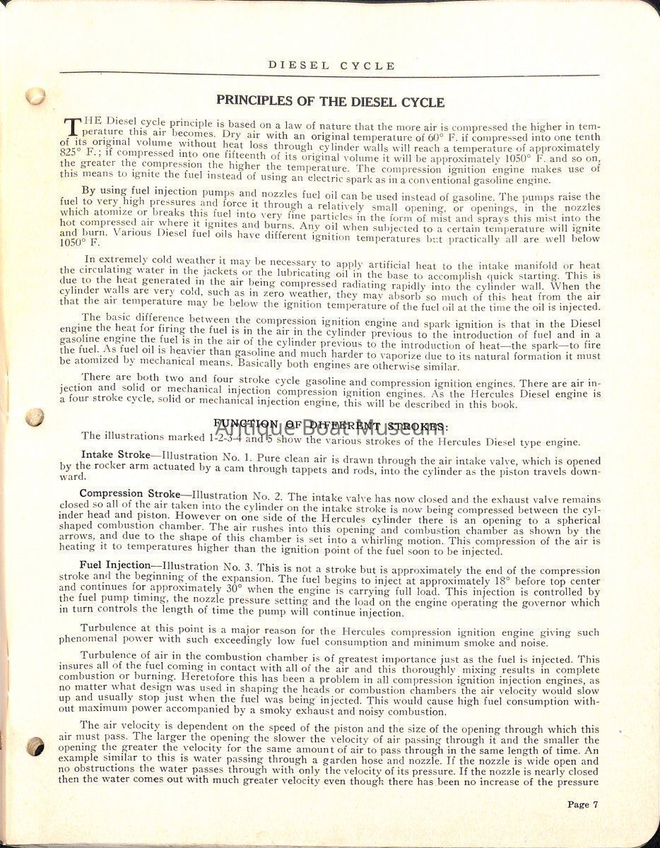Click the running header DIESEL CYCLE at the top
[x=331, y=66]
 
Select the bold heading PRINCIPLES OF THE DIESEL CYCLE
[x=330, y=102]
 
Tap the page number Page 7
[x=582, y=803]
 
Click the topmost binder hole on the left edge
[x=35, y=95]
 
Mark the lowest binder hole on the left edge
[x=34, y=746]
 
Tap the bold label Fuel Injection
[x=115, y=565]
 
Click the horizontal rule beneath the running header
[x=330, y=74]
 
